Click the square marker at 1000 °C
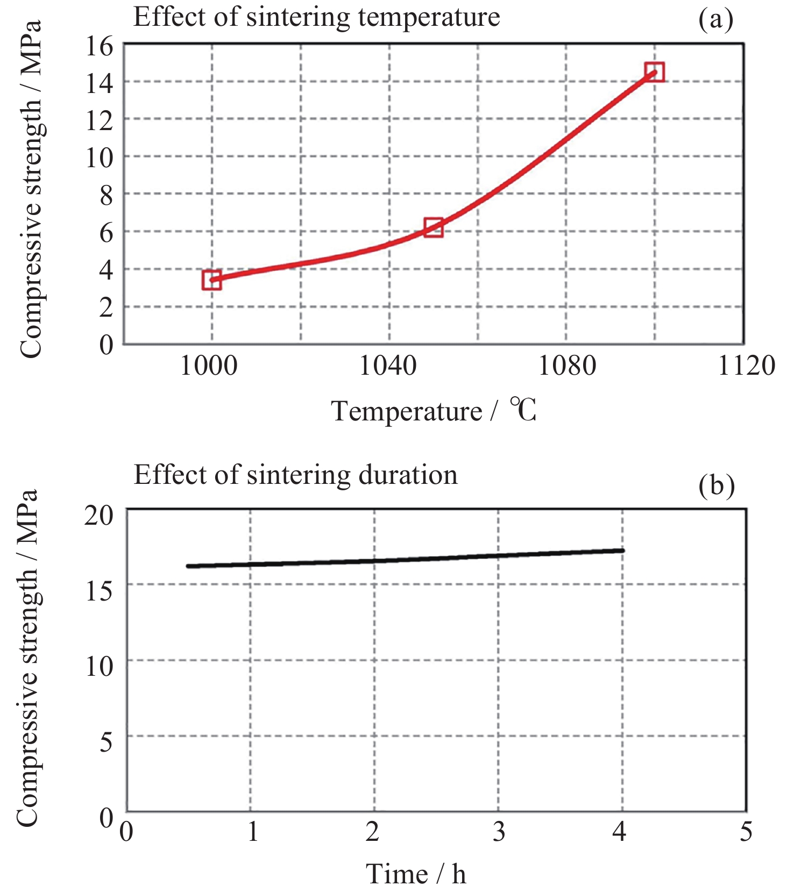click(x=212, y=280)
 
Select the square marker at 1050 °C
click(x=434, y=227)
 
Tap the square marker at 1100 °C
click(x=655, y=72)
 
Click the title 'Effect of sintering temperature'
click(x=316, y=17)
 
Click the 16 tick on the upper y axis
click(x=100, y=46)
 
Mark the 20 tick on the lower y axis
click(x=100, y=515)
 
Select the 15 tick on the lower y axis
click(x=100, y=591)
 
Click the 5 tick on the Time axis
click(x=746, y=832)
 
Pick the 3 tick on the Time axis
click(x=499, y=832)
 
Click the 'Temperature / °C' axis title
click(x=434, y=411)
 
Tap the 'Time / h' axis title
click(x=416, y=874)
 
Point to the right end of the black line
click(x=622, y=550)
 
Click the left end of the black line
click(x=188, y=566)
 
